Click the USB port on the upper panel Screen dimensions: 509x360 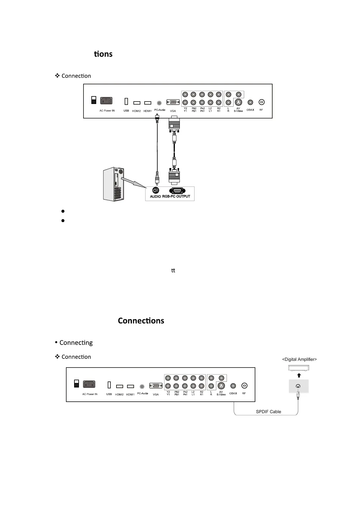pyautogui.click(x=126, y=101)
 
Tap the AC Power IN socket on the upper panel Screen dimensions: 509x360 pyautogui.click(x=106, y=101)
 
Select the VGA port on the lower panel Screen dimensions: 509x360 pyautogui.click(x=155, y=386)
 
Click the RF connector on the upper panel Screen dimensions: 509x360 pyautogui.click(x=262, y=102)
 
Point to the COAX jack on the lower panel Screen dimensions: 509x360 pyautogui.click(x=233, y=386)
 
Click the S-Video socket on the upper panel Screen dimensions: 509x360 pyautogui.click(x=238, y=102)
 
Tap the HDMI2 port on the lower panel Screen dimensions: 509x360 pyautogui.click(x=119, y=386)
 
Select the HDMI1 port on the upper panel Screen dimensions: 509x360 pyautogui.click(x=148, y=103)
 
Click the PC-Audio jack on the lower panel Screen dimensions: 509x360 pyautogui.click(x=142, y=386)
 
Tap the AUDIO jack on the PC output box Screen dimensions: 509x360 pyautogui.click(x=155, y=190)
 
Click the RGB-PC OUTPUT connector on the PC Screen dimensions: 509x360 pyautogui.click(x=177, y=191)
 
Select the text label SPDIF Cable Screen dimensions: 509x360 pyautogui.click(x=268, y=412)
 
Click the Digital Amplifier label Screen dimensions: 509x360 pyautogui.click(x=299, y=359)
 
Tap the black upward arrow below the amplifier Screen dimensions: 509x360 pyautogui.click(x=299, y=375)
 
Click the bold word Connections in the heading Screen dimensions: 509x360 pyautogui.click(x=141, y=321)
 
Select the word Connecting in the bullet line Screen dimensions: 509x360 pyautogui.click(x=76, y=343)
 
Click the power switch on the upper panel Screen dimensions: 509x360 pyautogui.click(x=94, y=100)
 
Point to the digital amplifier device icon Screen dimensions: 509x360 pyautogui.click(x=299, y=368)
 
